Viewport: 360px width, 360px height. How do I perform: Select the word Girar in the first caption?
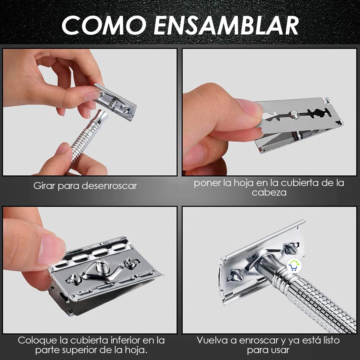[x=44, y=186]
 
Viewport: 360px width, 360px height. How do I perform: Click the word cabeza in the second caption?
[x=269, y=192]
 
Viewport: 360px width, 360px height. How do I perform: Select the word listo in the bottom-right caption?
[x=328, y=340]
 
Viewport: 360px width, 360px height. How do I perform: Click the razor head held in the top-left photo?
[x=115, y=102]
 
